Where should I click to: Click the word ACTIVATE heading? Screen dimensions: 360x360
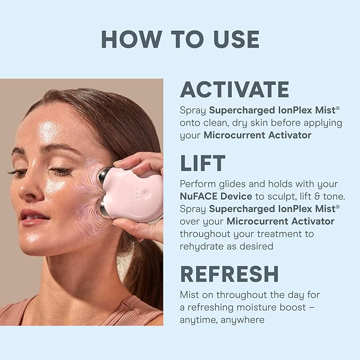[234, 90]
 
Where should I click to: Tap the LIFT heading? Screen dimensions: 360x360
[203, 164]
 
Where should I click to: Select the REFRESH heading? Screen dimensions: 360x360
[229, 274]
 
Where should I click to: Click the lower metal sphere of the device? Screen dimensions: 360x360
[105, 210]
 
